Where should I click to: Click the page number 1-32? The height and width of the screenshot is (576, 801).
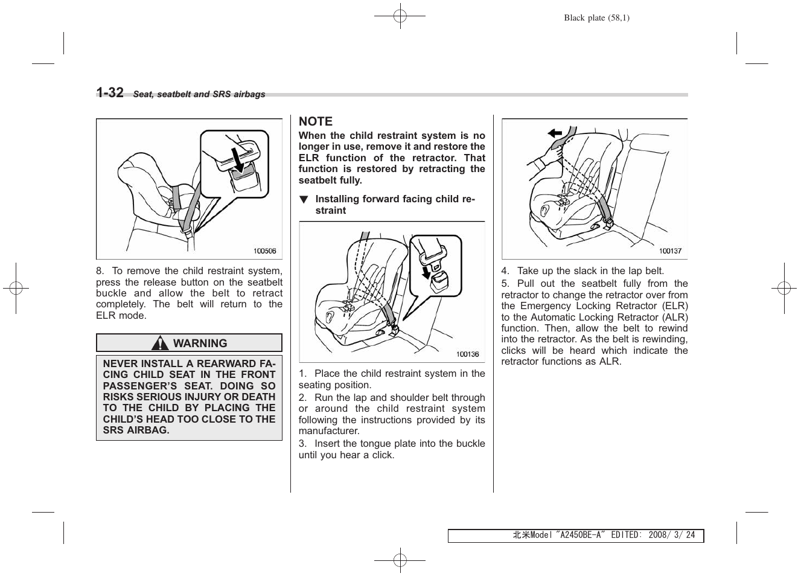pos(110,92)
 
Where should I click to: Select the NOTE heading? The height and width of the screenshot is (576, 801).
pos(315,121)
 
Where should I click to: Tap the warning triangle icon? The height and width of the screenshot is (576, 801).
pos(160,344)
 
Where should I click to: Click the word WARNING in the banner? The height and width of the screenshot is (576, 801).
pos(200,343)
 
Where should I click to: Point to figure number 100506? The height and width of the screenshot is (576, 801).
pos(264,251)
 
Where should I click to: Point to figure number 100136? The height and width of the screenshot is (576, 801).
pos(467,354)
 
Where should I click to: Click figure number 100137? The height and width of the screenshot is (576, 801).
pos(670,251)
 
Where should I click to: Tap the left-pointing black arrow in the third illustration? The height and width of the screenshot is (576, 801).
pos(554,133)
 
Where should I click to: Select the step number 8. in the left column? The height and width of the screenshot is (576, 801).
pos(100,271)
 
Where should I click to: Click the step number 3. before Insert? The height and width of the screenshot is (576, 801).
pos(303,444)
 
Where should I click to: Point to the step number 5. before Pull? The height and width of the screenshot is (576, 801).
pos(505,284)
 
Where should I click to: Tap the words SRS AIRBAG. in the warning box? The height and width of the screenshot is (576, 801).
pos(136,430)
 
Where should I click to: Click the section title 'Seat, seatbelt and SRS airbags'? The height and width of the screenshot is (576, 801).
pos(199,94)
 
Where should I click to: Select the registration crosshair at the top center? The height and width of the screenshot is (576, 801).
pos(400,17)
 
